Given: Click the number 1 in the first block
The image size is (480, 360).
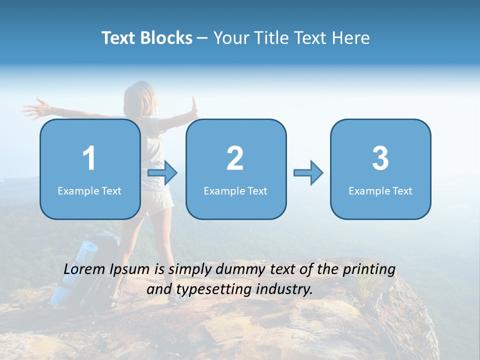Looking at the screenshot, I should (x=89, y=158).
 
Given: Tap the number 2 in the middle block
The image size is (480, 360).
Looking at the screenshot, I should (x=235, y=158).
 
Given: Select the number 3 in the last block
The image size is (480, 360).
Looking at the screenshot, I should (x=380, y=158).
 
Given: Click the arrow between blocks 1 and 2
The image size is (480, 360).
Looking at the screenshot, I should (x=162, y=173).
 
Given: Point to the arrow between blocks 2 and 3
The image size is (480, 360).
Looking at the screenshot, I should (x=308, y=173).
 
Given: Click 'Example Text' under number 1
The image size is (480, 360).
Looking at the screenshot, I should (x=89, y=190).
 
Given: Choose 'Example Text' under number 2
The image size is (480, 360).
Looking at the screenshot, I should (x=235, y=190).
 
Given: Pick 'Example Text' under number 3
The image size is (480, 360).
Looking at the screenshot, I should (x=380, y=190).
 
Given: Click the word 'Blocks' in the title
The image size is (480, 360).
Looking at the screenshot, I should (x=166, y=37).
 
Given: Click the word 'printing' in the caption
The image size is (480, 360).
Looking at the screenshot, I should (x=368, y=270).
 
